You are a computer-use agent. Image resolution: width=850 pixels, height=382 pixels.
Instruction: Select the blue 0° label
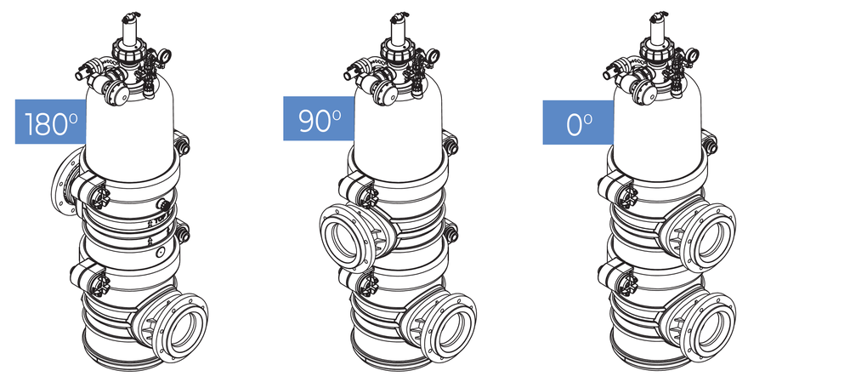(578, 123)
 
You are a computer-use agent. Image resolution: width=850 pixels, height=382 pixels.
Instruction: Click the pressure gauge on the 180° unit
(164, 54)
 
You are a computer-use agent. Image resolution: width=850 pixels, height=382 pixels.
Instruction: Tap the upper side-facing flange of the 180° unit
(63, 181)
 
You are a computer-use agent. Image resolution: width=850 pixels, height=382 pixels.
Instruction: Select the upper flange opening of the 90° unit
(342, 239)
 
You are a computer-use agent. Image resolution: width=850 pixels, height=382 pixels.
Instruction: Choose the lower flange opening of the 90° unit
(450, 328)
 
